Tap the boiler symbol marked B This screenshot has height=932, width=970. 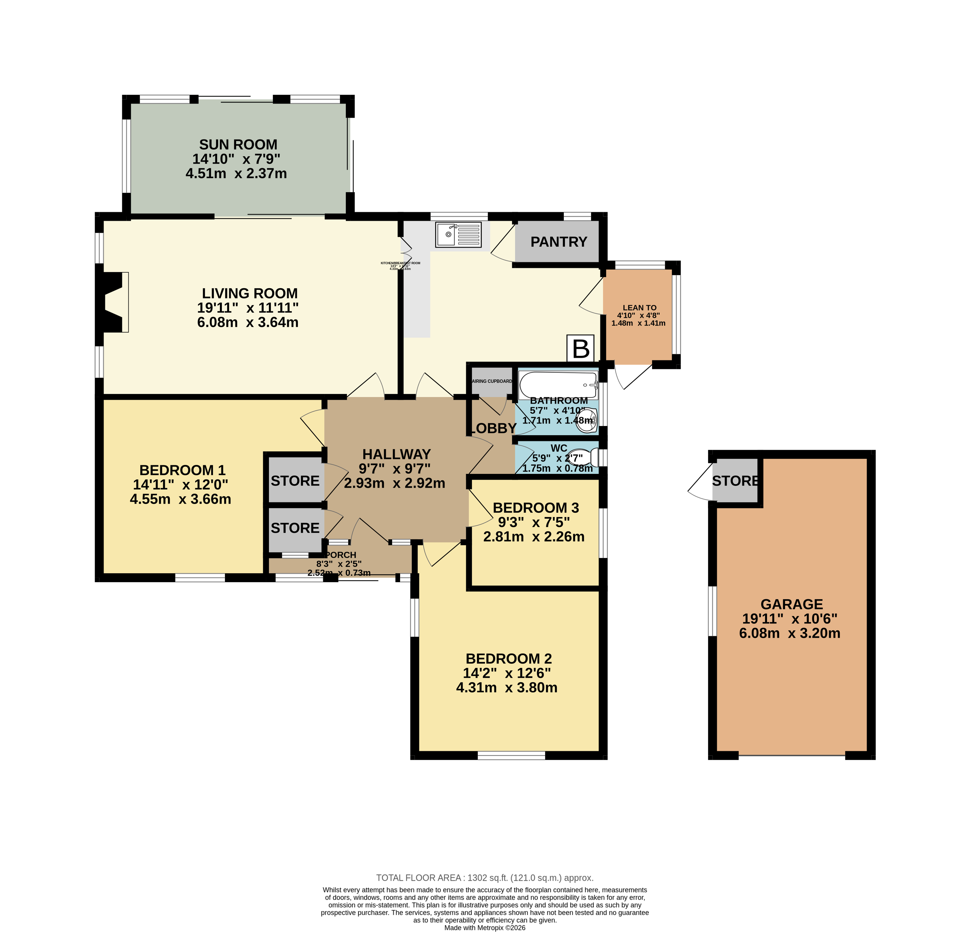[x=580, y=348]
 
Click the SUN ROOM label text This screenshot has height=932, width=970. [x=238, y=144]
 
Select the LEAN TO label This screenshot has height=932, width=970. [x=639, y=308]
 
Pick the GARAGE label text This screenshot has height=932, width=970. [x=791, y=604]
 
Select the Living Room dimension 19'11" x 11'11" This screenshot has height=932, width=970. [x=247, y=308]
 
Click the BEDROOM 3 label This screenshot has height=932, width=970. [x=535, y=508]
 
